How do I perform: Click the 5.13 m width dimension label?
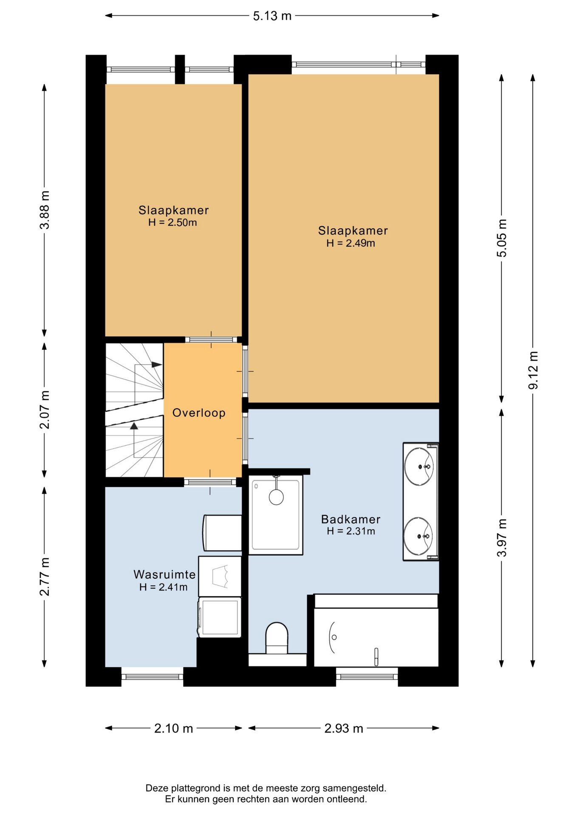272,16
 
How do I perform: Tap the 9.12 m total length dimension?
533,370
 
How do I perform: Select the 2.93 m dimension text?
344,728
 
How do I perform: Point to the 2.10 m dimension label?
173,728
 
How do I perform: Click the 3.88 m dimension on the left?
45,210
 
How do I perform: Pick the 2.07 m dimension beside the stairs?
45,410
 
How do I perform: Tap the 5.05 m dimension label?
502,238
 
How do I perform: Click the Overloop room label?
199,413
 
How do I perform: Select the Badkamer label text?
351,519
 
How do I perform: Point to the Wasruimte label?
164,574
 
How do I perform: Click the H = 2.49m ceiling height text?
351,243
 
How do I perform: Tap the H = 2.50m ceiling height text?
173,222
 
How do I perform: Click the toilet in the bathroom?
277,638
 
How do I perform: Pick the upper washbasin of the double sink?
419,466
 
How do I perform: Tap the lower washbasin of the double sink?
418,536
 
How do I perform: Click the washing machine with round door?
220,617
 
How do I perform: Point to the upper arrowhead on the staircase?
157,365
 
